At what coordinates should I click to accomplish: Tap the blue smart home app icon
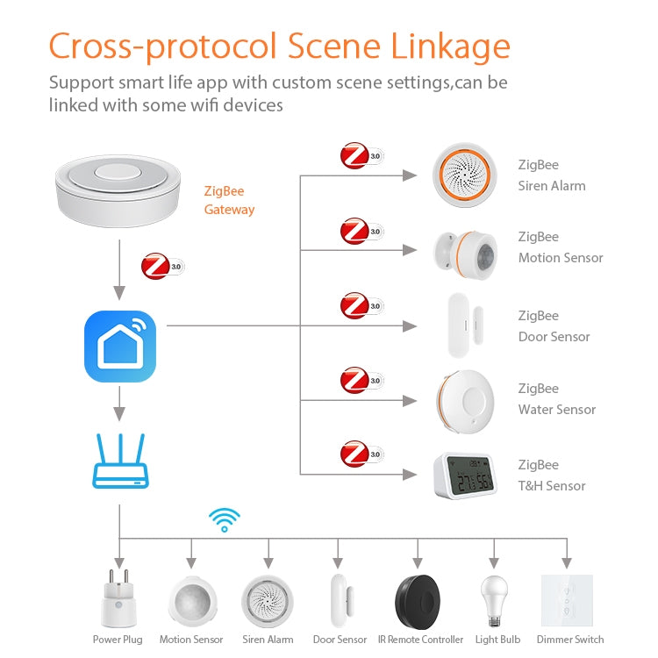[119, 346]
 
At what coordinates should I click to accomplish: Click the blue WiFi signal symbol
[225, 519]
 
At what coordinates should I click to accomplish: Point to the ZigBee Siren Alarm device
[464, 175]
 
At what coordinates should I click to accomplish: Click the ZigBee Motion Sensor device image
[464, 249]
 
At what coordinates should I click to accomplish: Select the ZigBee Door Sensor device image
[464, 325]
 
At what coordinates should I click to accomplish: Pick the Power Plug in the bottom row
[118, 599]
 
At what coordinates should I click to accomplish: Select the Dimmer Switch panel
[567, 599]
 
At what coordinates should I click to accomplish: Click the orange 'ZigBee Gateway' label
[229, 200]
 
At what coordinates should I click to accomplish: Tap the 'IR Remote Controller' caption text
[420, 640]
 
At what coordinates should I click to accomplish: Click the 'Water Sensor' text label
[556, 410]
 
